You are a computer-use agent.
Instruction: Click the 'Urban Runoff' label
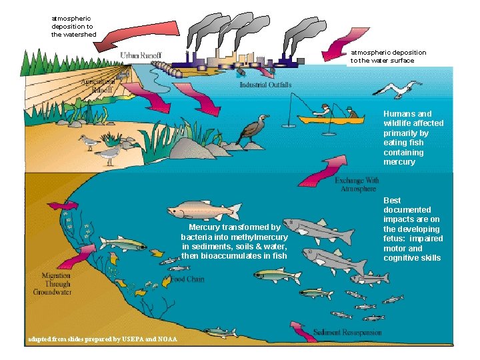pyautogui.click(x=141, y=55)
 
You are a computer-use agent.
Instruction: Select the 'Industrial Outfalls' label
pyautogui.click(x=265, y=85)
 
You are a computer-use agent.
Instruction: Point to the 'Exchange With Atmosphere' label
pyautogui.click(x=357, y=185)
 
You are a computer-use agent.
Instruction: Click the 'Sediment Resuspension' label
pyautogui.click(x=347, y=332)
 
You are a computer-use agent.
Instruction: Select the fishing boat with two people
pyautogui.click(x=330, y=118)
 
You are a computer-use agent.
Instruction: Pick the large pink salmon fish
pyautogui.click(x=203, y=211)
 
